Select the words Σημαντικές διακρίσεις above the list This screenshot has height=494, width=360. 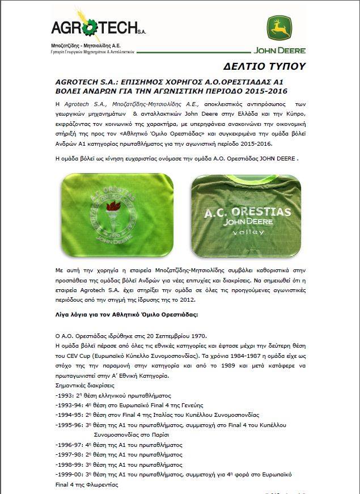pyautogui.click(x=86, y=385)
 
